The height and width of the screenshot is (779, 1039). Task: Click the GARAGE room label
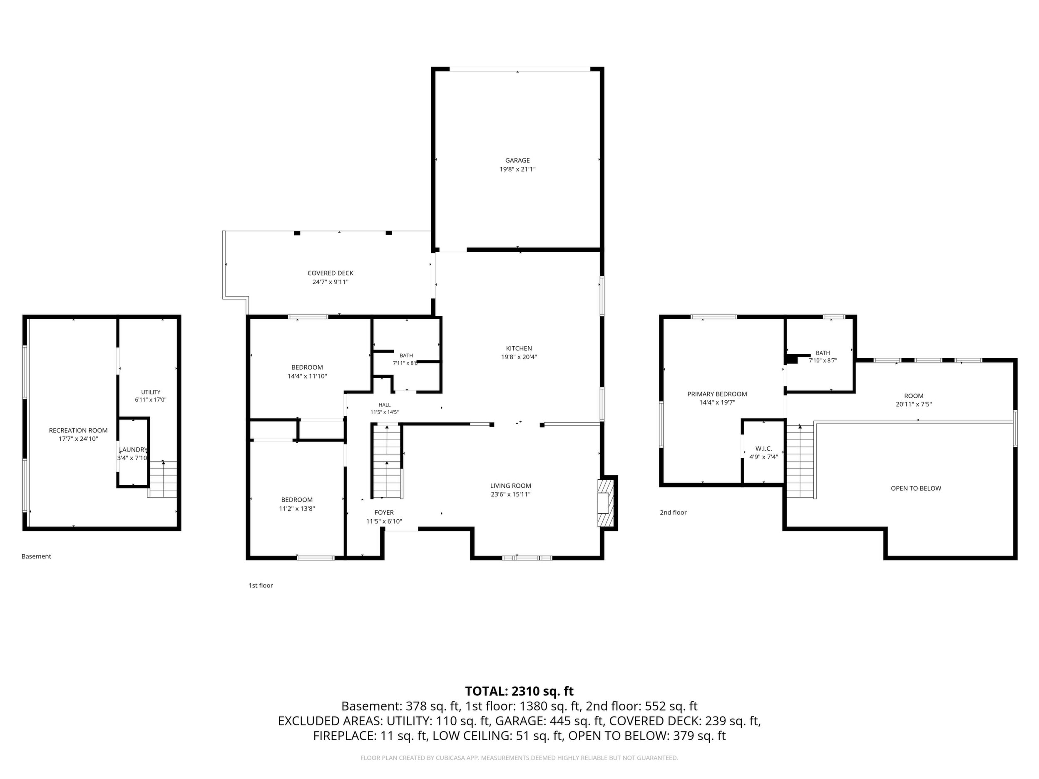pyautogui.click(x=517, y=160)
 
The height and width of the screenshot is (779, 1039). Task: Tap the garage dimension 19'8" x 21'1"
pyautogui.click(x=517, y=169)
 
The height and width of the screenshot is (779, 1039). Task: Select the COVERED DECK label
pyautogui.click(x=330, y=273)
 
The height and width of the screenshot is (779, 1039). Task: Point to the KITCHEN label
pyautogui.click(x=519, y=348)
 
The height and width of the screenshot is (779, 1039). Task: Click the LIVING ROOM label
pyautogui.click(x=511, y=486)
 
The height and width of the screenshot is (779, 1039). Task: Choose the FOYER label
pyautogui.click(x=384, y=512)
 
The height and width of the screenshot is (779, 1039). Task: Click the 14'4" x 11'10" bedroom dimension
pyautogui.click(x=307, y=376)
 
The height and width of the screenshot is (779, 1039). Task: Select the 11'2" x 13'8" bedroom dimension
pyautogui.click(x=297, y=509)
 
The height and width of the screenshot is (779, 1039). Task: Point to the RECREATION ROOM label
pyautogui.click(x=78, y=430)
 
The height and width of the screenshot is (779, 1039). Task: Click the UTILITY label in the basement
pyautogui.click(x=151, y=392)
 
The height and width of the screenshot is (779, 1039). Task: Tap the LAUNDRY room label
pyautogui.click(x=133, y=449)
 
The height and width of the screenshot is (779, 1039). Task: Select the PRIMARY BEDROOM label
pyautogui.click(x=717, y=394)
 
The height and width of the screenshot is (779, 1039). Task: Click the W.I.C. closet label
pyautogui.click(x=764, y=449)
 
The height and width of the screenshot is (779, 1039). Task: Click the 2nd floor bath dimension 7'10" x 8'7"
pyautogui.click(x=823, y=361)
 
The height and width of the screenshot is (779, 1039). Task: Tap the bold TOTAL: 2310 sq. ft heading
pyautogui.click(x=519, y=691)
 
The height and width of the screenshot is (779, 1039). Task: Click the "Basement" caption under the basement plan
pyautogui.click(x=36, y=556)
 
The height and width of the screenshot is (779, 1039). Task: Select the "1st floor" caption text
pyautogui.click(x=261, y=585)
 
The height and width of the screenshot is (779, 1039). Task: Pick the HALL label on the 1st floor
pyautogui.click(x=384, y=405)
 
